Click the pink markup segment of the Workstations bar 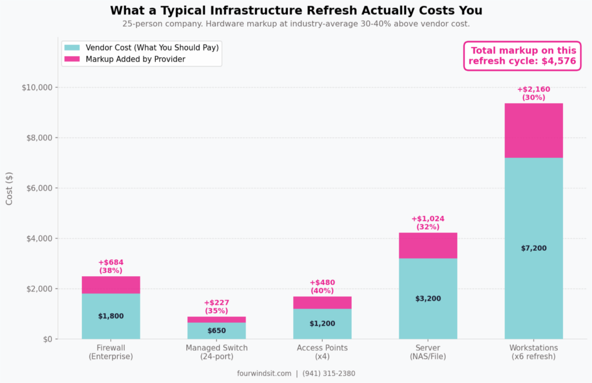[x=533, y=131]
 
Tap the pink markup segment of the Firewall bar [x=111, y=285]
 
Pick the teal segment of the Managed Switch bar [x=216, y=331]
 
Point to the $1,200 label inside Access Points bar [x=322, y=324]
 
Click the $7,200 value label [x=533, y=248]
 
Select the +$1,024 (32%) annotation [x=428, y=223]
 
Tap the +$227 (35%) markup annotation [x=216, y=307]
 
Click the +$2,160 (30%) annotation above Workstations [x=533, y=93]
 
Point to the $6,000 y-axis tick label [x=38, y=188]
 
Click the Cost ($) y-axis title [x=9, y=188]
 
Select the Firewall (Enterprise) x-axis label [x=111, y=352]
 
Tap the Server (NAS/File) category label [x=428, y=352]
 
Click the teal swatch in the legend [x=73, y=48]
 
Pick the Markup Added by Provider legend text [x=135, y=59]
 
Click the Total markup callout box [x=522, y=56]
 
